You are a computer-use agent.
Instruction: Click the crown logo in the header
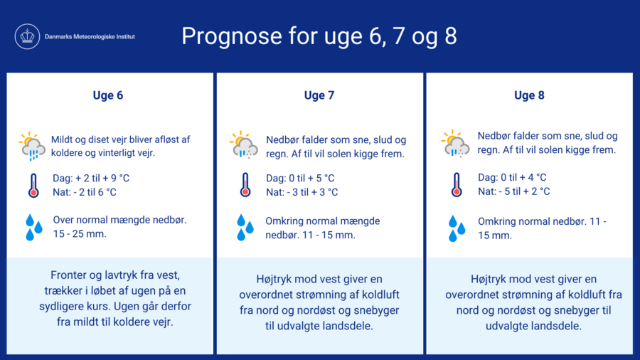[27, 36]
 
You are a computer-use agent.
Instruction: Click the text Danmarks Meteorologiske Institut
[90, 37]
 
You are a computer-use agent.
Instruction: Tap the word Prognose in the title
[232, 36]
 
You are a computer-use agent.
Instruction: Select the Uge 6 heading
[108, 95]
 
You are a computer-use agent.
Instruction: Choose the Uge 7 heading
[319, 95]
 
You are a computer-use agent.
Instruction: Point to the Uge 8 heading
[529, 95]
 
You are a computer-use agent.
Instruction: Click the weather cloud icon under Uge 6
[32, 146]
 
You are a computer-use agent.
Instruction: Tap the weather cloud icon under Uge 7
[244, 145]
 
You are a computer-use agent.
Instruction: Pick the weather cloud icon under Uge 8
[455, 144]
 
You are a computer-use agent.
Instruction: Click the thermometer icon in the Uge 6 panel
[33, 186]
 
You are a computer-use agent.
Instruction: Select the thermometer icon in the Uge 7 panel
[245, 185]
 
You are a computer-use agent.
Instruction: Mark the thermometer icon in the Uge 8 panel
[457, 185]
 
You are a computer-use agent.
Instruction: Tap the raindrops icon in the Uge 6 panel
[34, 228]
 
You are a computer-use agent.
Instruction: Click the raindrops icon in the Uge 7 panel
[245, 228]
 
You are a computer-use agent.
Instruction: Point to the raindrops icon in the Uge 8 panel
[457, 228]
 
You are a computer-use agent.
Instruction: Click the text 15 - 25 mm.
[80, 234]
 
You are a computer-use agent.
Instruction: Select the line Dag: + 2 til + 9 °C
[91, 179]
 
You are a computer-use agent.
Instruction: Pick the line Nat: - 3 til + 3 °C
[302, 192]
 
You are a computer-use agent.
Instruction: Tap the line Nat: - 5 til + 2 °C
[514, 191]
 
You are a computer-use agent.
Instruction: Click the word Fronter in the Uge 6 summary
[68, 275]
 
